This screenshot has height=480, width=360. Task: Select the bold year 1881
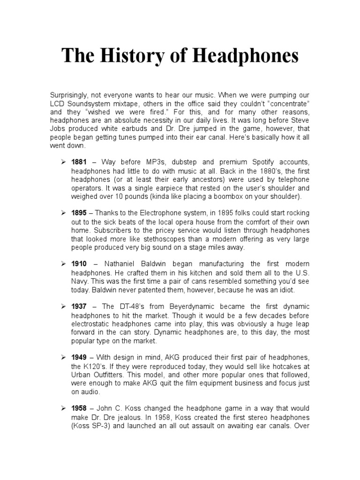point(79,162)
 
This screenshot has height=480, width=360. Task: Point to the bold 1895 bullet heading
point(79,213)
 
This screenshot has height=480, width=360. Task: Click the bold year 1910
point(79,264)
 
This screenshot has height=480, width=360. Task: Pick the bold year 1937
point(79,307)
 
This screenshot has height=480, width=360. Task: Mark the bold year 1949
point(79,358)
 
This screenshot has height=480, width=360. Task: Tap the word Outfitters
point(110,375)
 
